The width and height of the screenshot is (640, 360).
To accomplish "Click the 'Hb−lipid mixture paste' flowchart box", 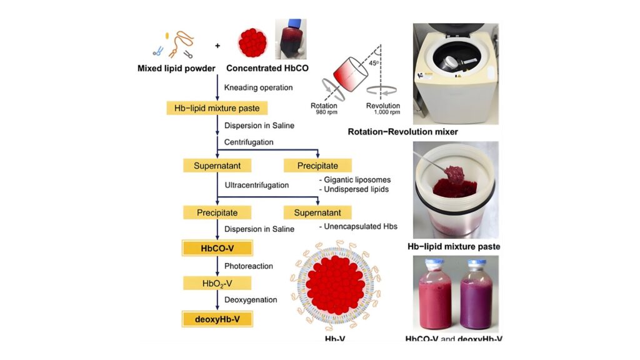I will point(217,108).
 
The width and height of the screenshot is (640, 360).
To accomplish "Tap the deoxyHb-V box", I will point(217,319).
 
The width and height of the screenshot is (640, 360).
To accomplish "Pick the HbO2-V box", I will point(217,283).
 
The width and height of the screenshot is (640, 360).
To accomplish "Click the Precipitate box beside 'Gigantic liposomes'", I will point(317,166).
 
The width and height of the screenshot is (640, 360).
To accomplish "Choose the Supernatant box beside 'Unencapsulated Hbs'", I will point(317,212).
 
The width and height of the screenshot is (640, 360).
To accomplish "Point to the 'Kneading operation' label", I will point(258,87).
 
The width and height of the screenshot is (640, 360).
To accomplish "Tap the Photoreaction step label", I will point(249,266).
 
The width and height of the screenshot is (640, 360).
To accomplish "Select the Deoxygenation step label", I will point(251,301).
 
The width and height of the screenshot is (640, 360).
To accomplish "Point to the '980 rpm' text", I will point(324,113).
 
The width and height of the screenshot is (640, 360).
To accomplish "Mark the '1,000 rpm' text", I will point(382,113).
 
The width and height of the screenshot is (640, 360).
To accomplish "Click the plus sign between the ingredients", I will point(217,46).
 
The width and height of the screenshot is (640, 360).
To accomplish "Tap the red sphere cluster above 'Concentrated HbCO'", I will point(252,42).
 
